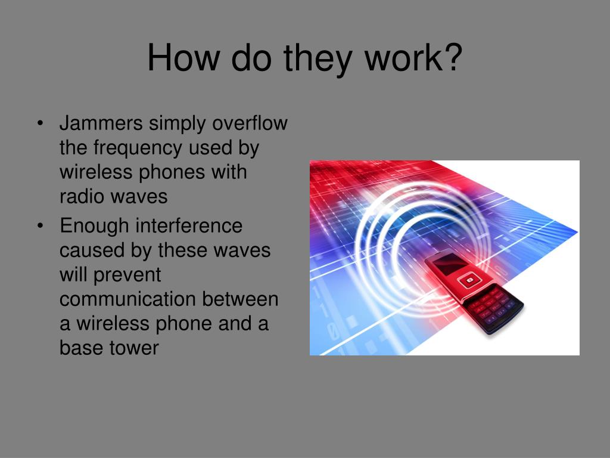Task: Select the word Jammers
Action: click(101, 123)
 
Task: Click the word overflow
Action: click(250, 123)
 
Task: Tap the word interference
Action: click(189, 226)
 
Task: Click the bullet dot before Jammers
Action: click(40, 124)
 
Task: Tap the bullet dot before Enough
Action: click(40, 227)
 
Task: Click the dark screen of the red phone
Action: click(446, 263)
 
